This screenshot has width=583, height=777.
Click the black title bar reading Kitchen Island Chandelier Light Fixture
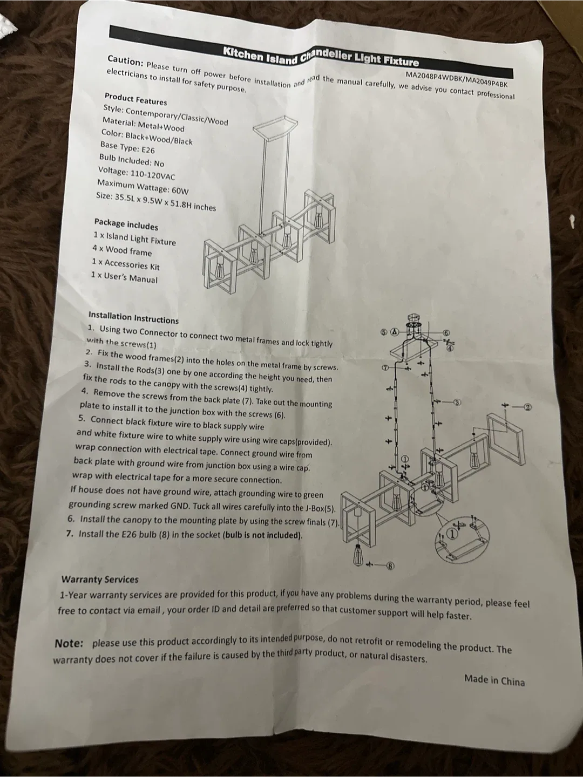(x=311, y=52)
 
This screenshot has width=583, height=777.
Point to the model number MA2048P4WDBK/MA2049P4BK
(x=457, y=79)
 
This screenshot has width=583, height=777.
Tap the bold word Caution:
(x=125, y=61)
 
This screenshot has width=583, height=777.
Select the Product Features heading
(x=135, y=99)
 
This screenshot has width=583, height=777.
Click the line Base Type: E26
(x=128, y=147)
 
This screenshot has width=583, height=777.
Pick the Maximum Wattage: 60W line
(x=143, y=187)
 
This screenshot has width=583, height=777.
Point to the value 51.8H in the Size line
(x=179, y=204)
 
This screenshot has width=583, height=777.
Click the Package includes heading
(x=126, y=224)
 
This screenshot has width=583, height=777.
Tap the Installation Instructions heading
(x=133, y=317)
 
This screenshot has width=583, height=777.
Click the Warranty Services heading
(x=100, y=580)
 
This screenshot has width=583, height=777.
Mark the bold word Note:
(x=69, y=643)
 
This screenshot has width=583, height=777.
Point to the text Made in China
(x=494, y=680)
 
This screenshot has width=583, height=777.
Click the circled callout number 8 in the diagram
(x=390, y=565)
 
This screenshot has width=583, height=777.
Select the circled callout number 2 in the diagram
(x=527, y=407)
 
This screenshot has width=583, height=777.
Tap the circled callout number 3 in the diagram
(x=457, y=402)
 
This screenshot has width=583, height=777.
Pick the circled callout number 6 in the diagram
(x=446, y=333)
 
